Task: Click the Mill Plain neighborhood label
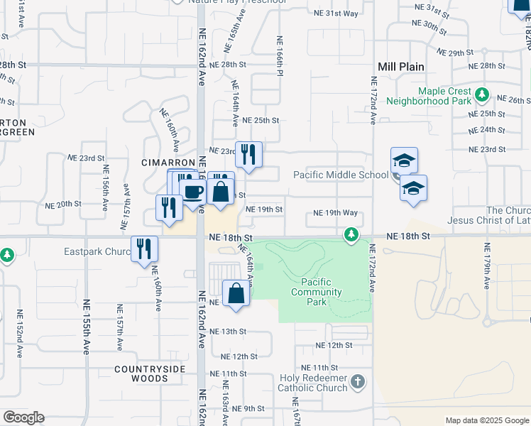401,67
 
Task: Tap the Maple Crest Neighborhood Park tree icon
482,94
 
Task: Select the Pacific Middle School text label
341,175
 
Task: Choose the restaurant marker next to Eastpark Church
144,249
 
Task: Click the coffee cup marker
192,190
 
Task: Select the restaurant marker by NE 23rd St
248,155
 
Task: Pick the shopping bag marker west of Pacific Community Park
236,293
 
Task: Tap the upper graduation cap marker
404,160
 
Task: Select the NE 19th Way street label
336,213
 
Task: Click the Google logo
23,417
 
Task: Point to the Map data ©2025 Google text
486,420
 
